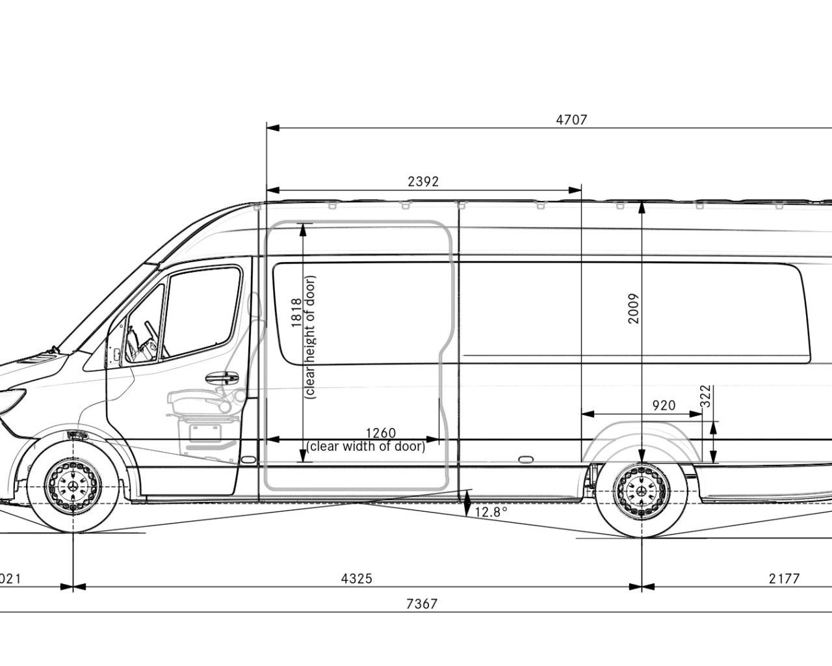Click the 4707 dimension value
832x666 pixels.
tap(571, 120)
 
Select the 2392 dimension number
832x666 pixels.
tap(423, 182)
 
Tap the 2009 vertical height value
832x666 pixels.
tap(634, 308)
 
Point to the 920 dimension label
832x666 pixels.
tap(663, 406)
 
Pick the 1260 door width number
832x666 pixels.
tap(381, 433)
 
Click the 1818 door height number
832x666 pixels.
tap(296, 313)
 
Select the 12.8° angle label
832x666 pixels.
tap(491, 512)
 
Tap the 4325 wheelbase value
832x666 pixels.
tap(356, 578)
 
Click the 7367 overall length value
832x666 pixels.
tap(421, 604)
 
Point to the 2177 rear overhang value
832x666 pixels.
tap(783, 578)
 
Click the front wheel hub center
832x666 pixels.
tap(73, 486)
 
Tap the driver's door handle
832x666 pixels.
tap(221, 377)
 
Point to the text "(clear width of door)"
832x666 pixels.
tap(367, 447)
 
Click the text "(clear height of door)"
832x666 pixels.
tap(310, 337)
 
